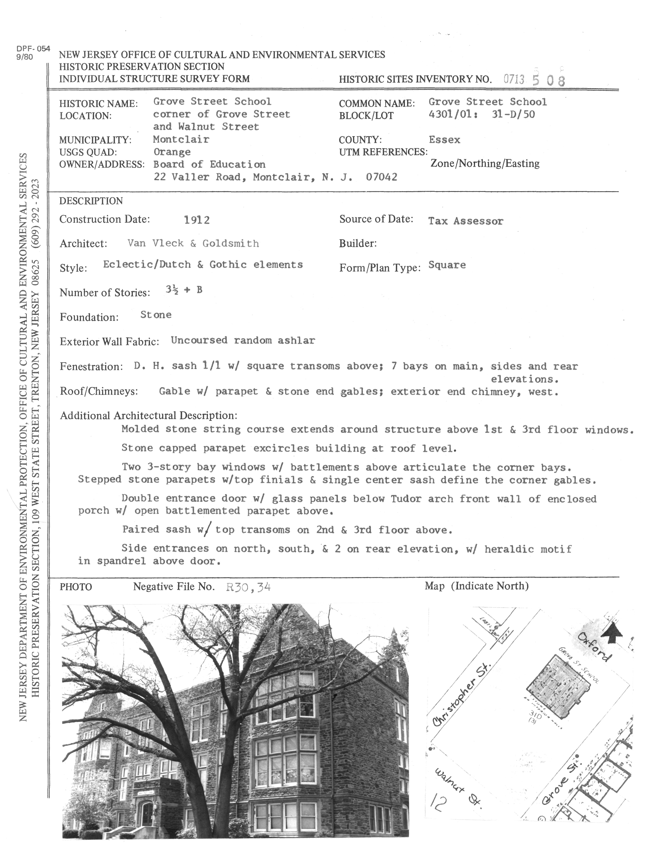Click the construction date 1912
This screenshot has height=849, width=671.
click(x=197, y=220)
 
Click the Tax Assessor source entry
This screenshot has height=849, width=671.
click(x=466, y=221)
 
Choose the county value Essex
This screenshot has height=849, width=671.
click(x=444, y=140)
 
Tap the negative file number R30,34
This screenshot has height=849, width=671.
click(x=248, y=587)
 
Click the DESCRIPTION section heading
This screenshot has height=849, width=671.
click(x=91, y=201)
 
